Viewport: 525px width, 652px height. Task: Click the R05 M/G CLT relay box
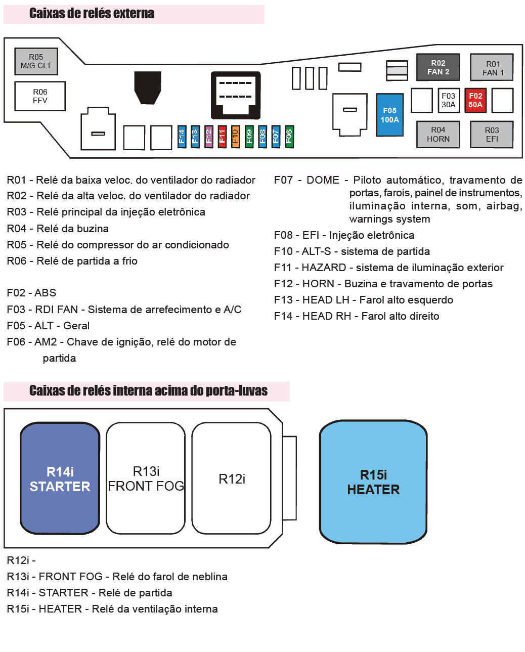click(36, 61)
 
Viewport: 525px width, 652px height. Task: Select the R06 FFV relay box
click(40, 96)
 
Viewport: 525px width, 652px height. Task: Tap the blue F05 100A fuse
click(389, 115)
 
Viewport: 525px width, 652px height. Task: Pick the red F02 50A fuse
click(475, 100)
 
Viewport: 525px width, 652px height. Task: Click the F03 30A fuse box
click(448, 100)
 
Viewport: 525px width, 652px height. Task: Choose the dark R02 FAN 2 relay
click(438, 67)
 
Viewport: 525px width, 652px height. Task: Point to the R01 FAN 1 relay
click(492, 68)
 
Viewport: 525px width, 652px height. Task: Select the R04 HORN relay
click(438, 134)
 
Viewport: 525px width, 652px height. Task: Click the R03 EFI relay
click(492, 134)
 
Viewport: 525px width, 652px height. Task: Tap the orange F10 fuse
click(235, 136)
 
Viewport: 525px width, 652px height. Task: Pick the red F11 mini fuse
click(222, 136)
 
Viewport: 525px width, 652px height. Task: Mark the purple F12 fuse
click(208, 136)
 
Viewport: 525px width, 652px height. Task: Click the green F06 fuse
click(289, 136)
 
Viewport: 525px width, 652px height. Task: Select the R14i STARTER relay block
click(60, 479)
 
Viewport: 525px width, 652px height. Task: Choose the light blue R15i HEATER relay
click(373, 482)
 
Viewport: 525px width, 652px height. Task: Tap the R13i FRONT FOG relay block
click(146, 479)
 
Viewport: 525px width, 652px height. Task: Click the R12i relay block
click(232, 479)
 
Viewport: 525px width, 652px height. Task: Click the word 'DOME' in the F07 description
click(323, 180)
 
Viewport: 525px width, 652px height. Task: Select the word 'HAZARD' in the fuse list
click(324, 268)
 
